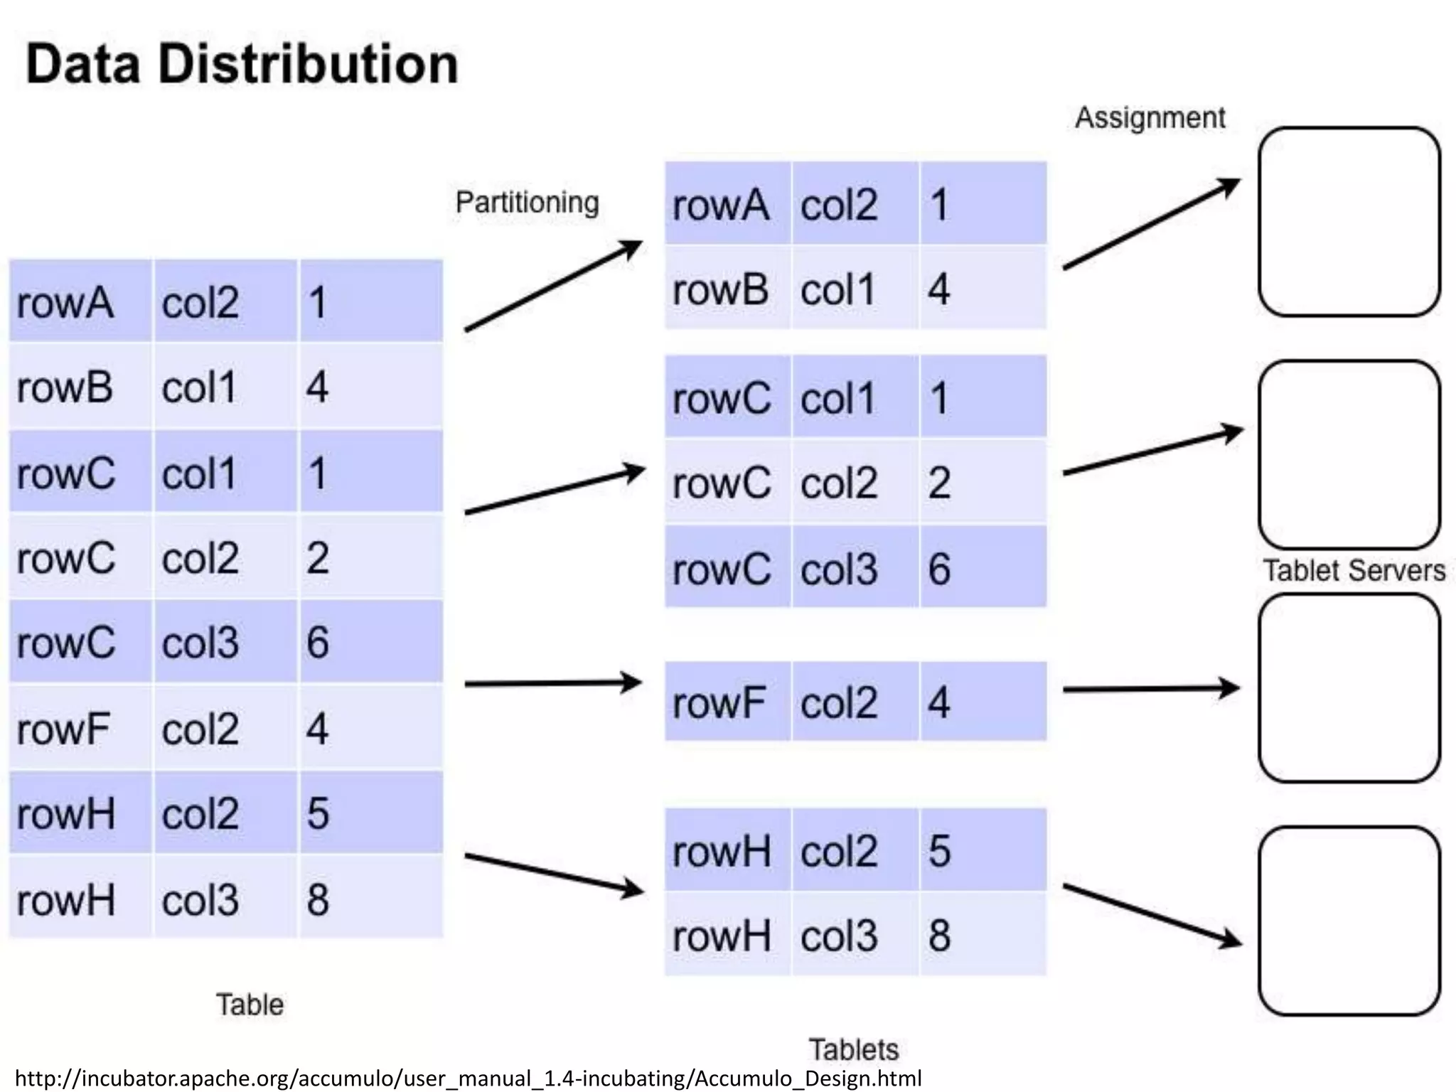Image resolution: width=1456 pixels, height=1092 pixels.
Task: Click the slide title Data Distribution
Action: click(242, 64)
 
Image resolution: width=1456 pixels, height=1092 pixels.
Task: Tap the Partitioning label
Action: click(527, 203)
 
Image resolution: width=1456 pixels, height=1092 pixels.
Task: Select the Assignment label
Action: click(1150, 118)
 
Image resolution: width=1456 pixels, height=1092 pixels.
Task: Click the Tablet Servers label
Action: click(1353, 570)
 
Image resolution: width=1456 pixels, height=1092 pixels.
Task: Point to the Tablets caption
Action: click(853, 1049)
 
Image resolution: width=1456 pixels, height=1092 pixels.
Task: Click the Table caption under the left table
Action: click(250, 1005)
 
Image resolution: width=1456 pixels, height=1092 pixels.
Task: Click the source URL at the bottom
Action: click(468, 1078)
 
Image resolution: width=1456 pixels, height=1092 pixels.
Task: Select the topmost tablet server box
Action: click(1349, 222)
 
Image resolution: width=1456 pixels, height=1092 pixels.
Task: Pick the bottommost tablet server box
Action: click(1349, 921)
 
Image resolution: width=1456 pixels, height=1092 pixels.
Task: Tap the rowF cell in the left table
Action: click(64, 729)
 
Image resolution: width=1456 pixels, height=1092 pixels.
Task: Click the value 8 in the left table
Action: click(318, 899)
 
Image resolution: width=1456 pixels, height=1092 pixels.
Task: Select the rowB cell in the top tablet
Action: click(720, 290)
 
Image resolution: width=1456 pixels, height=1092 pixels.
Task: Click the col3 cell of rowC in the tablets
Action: click(839, 569)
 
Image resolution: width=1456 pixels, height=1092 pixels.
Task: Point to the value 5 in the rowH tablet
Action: click(939, 850)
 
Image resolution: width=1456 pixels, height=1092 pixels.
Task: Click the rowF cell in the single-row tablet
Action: click(719, 702)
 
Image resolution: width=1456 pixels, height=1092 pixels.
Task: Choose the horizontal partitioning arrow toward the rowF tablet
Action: click(553, 683)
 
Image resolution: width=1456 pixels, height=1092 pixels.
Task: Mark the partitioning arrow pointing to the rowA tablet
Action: click(553, 286)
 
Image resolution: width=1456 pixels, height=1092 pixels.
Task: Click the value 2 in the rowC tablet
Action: click(939, 483)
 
